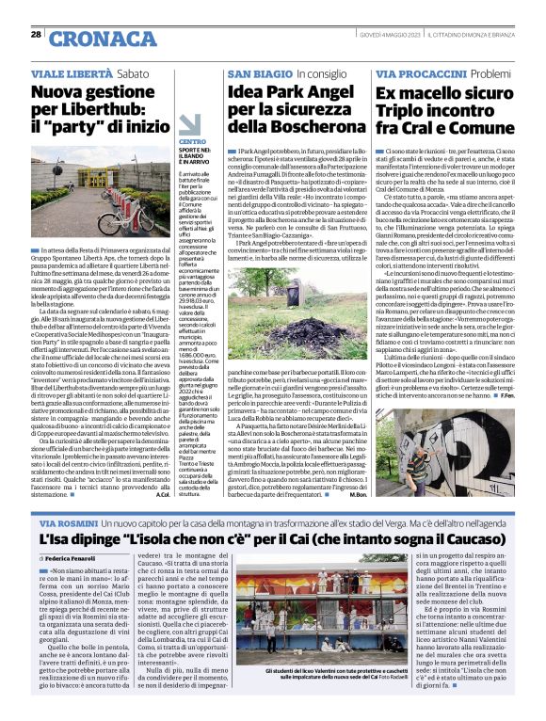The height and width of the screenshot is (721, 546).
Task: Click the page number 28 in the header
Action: point(36,35)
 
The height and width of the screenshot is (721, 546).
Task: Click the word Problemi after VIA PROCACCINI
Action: point(491,72)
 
